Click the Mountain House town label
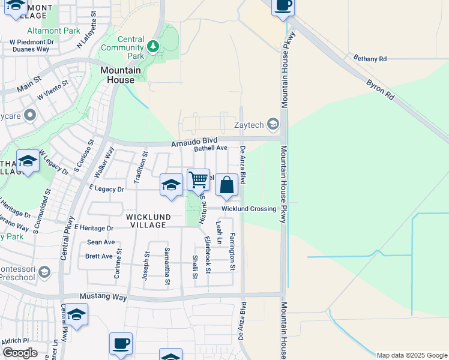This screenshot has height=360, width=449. (x=120, y=75)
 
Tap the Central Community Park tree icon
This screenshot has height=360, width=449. (x=154, y=46)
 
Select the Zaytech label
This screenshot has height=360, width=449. (x=250, y=125)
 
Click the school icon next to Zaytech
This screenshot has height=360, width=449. (x=273, y=124)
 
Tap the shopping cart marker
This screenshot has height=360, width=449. (x=198, y=179)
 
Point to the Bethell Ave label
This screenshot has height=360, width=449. (x=210, y=148)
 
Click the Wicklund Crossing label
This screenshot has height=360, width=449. (x=249, y=209)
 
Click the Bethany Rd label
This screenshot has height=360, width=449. (x=370, y=59)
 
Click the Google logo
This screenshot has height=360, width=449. (x=20, y=353)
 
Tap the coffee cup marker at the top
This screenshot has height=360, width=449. (x=283, y=5)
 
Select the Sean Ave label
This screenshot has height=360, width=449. (x=101, y=242)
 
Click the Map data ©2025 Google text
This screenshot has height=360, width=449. (x=411, y=355)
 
